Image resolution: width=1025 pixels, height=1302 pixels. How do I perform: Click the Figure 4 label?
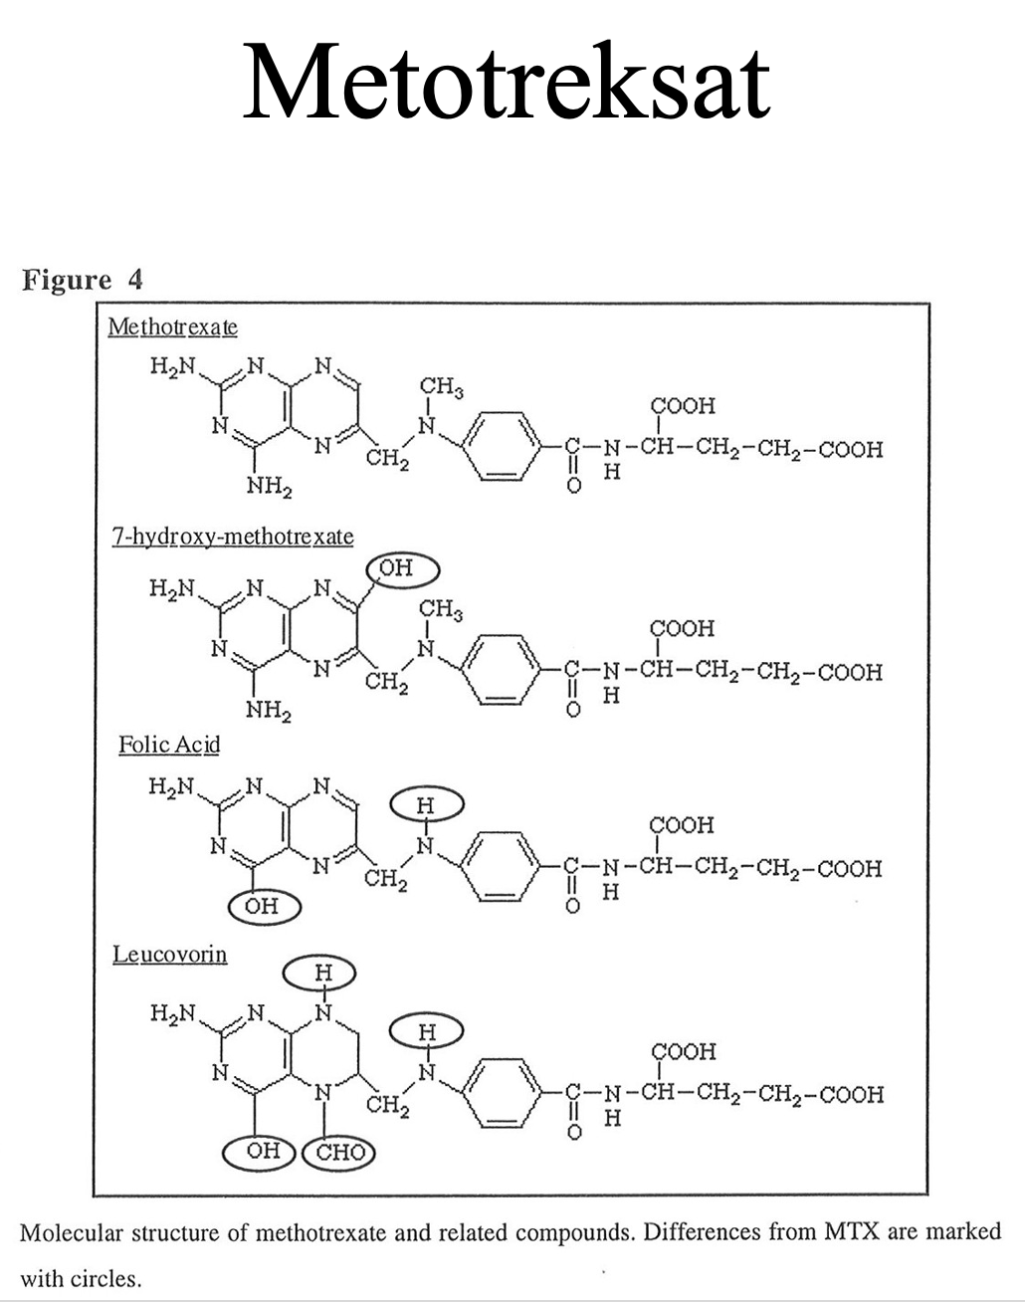(83, 280)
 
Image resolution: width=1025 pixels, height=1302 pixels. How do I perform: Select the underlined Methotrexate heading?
(172, 326)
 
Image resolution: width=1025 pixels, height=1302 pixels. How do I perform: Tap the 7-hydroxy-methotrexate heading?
(232, 538)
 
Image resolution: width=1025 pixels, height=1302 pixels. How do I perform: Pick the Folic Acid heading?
(168, 745)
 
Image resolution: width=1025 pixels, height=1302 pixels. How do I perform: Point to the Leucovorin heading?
(169, 955)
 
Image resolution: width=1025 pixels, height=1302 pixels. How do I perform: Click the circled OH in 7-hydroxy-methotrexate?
(403, 569)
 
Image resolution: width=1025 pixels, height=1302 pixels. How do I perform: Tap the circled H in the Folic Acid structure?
(425, 804)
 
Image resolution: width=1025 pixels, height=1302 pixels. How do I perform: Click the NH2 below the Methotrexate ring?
(268, 488)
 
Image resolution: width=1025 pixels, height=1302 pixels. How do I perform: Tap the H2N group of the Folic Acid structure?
(172, 787)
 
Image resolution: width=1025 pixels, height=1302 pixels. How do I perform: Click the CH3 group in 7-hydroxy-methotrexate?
(441, 609)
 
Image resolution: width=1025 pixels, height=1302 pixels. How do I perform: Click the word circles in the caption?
(108, 1278)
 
